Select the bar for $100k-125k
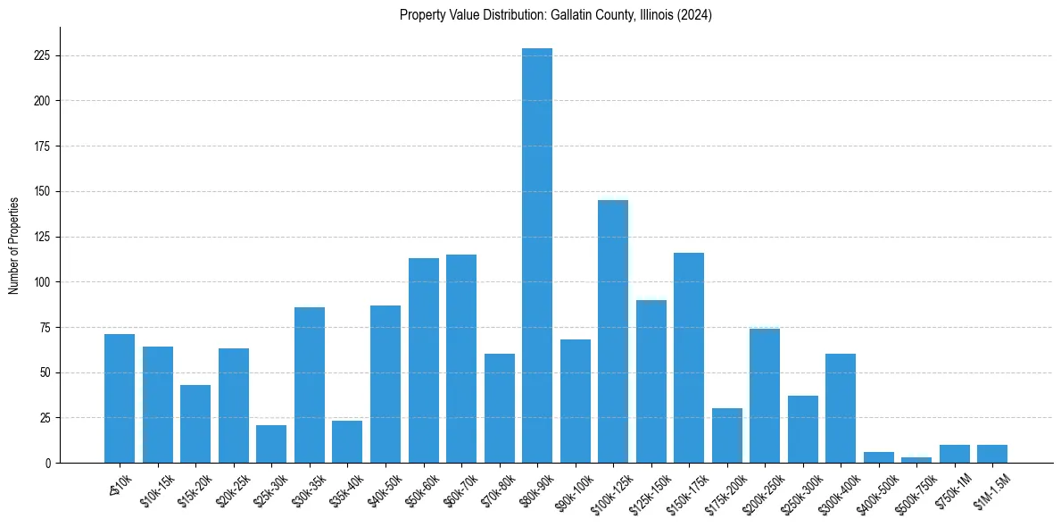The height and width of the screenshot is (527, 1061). [x=613, y=331]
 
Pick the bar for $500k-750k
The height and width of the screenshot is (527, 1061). [x=916, y=460]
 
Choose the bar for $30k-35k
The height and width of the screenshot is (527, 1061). [x=310, y=385]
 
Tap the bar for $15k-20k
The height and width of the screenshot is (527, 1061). [x=195, y=424]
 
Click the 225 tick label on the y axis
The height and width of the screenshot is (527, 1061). [x=42, y=55]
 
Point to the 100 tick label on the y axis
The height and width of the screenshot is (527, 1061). [x=42, y=282]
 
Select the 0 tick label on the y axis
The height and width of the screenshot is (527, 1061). [x=48, y=464]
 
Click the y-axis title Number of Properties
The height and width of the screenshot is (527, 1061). [x=14, y=246]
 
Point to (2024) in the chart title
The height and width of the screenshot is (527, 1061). [x=694, y=15]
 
